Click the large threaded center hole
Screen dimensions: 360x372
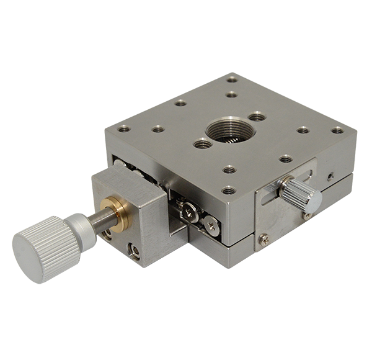tap(224, 130)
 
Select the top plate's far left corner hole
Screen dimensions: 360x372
tap(124, 129)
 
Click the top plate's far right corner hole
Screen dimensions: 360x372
tap(337, 130)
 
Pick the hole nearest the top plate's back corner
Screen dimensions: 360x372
tap(232, 79)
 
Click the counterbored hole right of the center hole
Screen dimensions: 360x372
tap(257, 116)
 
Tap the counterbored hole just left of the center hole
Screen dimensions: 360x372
tap(202, 144)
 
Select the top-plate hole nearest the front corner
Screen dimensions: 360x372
tap(229, 190)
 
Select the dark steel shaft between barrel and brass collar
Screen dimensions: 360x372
tap(99, 217)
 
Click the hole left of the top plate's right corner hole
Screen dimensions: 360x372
tap(303, 130)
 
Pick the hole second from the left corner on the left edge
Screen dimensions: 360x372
tap(158, 129)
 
